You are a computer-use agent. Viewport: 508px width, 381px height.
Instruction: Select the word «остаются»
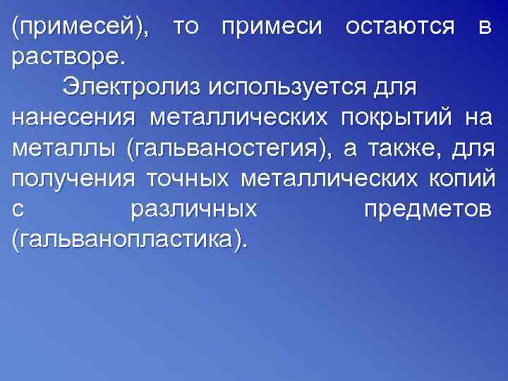tap(399, 29)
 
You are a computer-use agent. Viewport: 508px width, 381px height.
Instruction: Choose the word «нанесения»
tap(73, 120)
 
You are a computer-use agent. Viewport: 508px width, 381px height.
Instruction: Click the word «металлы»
tap(64, 150)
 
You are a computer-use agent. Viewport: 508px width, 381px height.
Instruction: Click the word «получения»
tap(73, 181)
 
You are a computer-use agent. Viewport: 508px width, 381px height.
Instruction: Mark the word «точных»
tap(188, 181)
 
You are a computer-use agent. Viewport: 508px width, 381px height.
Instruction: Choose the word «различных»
tap(194, 211)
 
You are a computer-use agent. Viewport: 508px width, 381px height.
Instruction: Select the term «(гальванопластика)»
tap(131, 241)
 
